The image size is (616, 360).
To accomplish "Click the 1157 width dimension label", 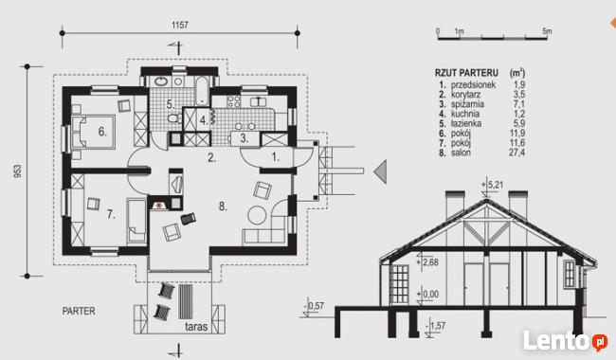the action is pyautogui.click(x=180, y=26).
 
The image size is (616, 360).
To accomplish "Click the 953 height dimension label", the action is pyautogui.click(x=18, y=171).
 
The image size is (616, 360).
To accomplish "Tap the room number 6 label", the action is pyautogui.click(x=102, y=132).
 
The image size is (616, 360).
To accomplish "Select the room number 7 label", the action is pyautogui.click(x=111, y=214).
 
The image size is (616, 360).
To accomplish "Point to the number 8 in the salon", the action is pyautogui.click(x=223, y=207).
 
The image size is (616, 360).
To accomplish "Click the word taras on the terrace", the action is pyautogui.click(x=196, y=326).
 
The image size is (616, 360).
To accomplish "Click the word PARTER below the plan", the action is pyautogui.click(x=79, y=311).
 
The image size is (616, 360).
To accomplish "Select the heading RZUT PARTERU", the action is pyautogui.click(x=466, y=73).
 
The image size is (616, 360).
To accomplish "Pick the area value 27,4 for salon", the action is pyautogui.click(x=516, y=153).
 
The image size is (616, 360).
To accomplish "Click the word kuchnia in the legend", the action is pyautogui.click(x=465, y=114).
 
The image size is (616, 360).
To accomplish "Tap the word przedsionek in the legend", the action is pyautogui.click(x=474, y=85).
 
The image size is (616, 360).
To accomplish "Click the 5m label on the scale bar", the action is pyautogui.click(x=547, y=31).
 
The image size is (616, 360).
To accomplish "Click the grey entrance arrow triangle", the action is pyautogui.click(x=381, y=172).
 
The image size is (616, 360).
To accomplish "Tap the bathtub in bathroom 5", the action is pyautogui.click(x=202, y=91).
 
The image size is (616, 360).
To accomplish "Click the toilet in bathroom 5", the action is pyautogui.click(x=174, y=117).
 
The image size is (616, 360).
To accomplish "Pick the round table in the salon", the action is pyautogui.click(x=258, y=215).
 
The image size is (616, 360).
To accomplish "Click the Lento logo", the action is pyautogui.click(x=565, y=341).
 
